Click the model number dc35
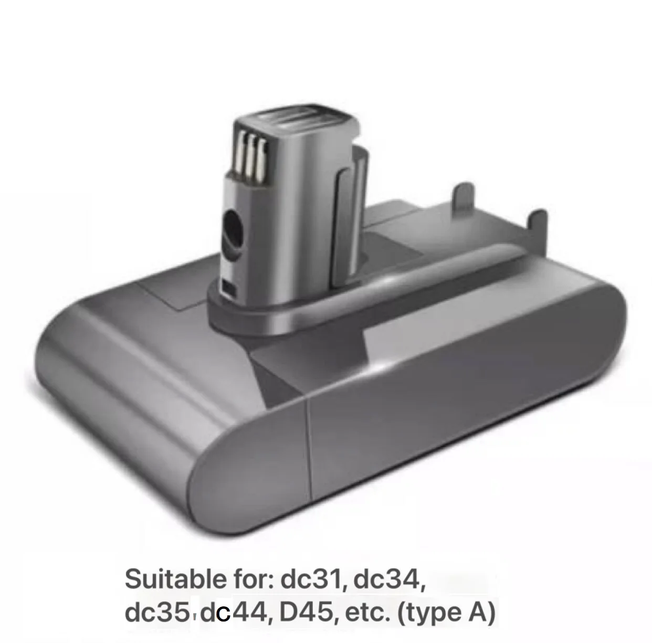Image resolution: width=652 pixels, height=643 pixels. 156,613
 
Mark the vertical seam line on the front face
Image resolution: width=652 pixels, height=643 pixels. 310,457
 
